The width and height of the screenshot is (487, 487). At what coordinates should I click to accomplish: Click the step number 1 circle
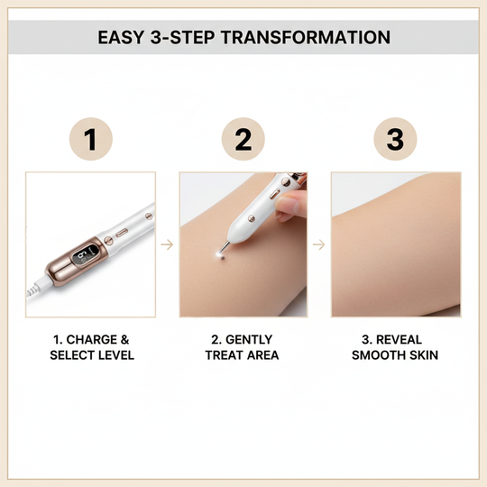pyautogui.click(x=90, y=140)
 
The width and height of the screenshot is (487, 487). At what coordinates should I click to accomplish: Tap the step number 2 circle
pyautogui.click(x=243, y=140)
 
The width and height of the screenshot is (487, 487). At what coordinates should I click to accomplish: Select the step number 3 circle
pyautogui.click(x=395, y=140)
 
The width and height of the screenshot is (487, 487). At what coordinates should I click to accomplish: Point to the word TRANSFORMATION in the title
pyautogui.click(x=309, y=38)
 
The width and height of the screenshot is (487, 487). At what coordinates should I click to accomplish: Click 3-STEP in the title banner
pyautogui.click(x=191, y=38)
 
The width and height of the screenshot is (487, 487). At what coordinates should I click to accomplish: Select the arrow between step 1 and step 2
pyautogui.click(x=167, y=243)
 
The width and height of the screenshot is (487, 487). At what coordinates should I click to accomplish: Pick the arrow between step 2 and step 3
pyautogui.click(x=319, y=243)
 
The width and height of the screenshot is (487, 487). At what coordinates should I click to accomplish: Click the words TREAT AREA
pyautogui.click(x=243, y=355)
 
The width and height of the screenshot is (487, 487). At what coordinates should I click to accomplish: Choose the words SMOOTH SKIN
pyautogui.click(x=395, y=355)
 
